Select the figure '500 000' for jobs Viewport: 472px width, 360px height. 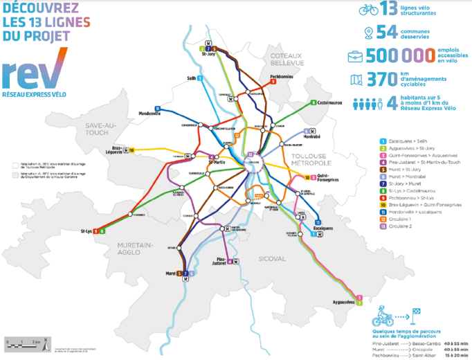[x=411, y=57]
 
